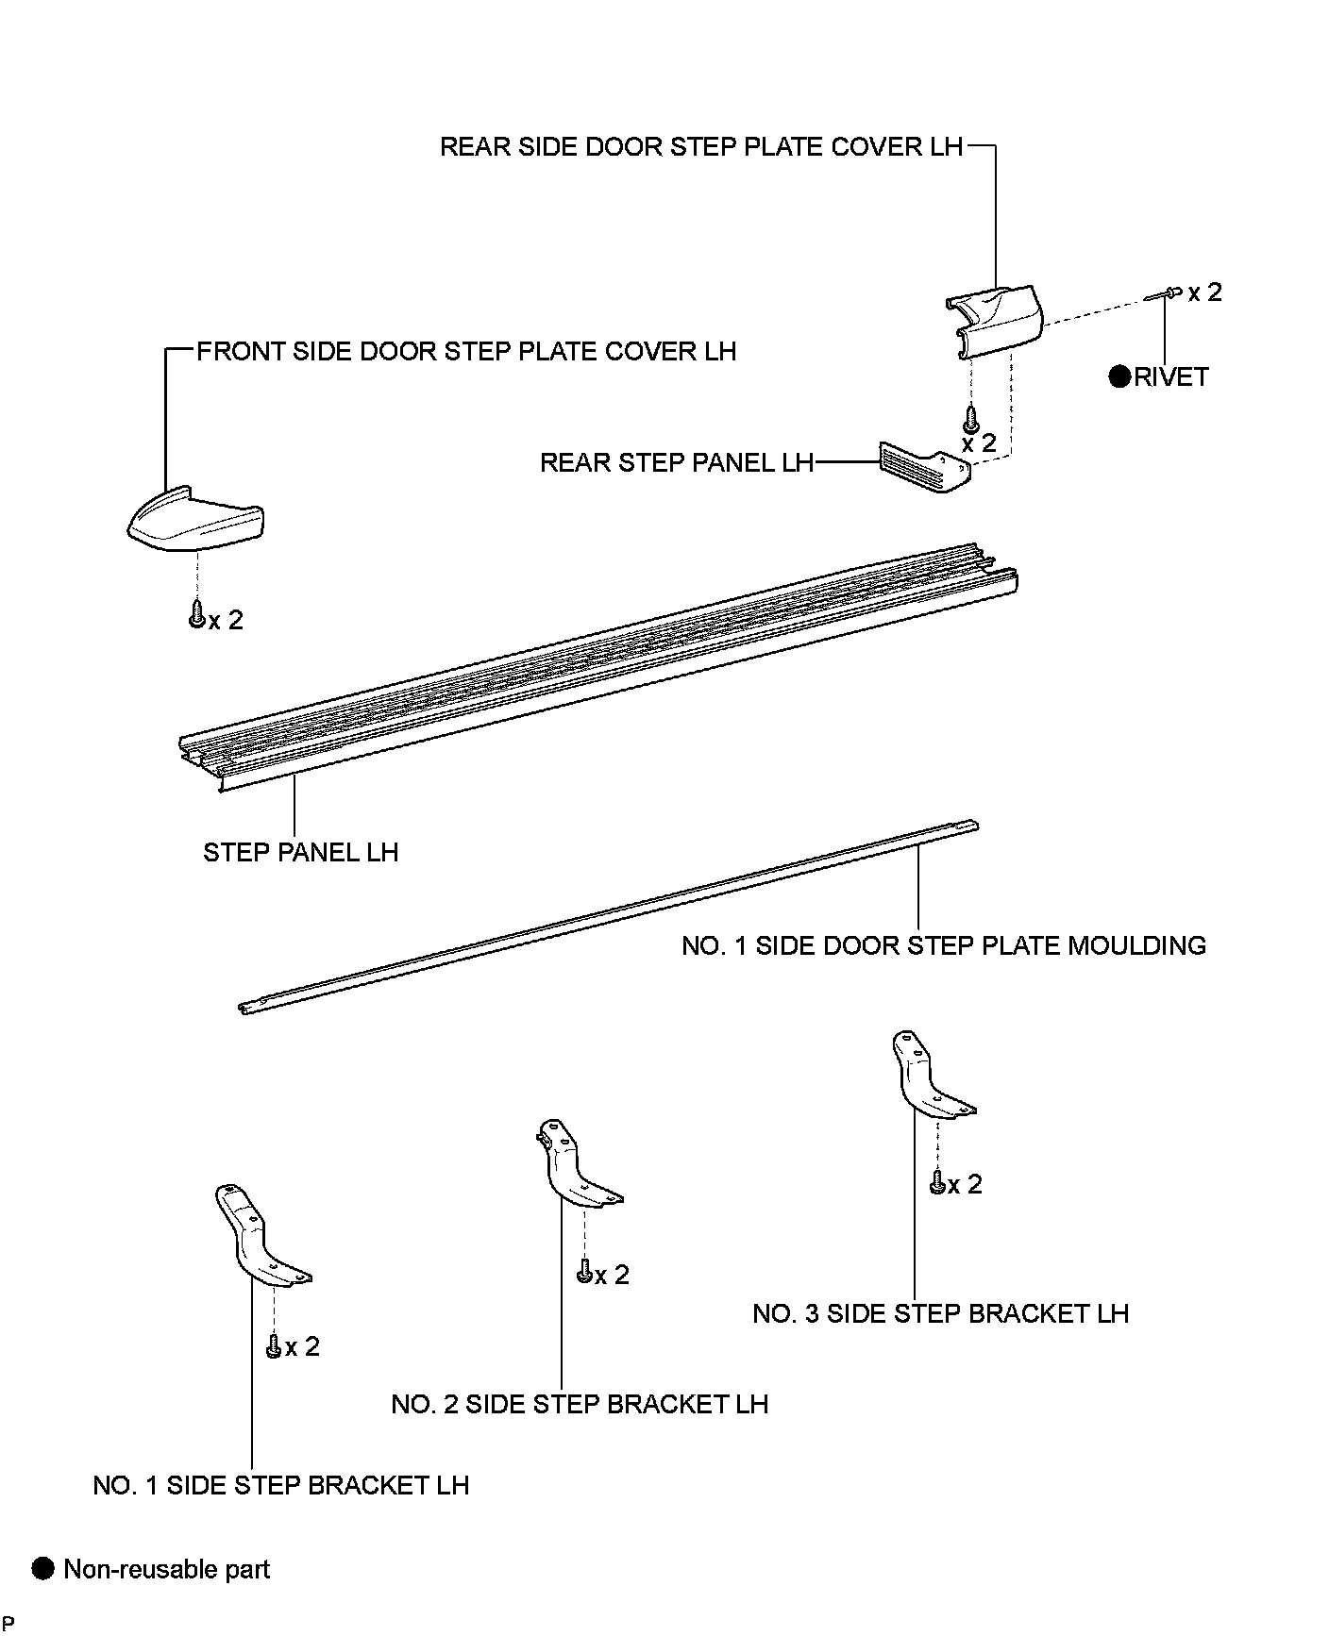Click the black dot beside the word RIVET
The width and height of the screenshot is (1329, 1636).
[x=1119, y=377]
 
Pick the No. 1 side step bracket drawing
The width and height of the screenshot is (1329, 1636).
[x=257, y=1237]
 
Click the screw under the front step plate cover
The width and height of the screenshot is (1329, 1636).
[x=197, y=614]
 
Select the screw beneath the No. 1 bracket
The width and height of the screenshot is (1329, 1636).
[x=274, y=1346]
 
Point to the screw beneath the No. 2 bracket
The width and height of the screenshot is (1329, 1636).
[x=584, y=1274]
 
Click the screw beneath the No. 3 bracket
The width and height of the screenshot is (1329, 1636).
[x=937, y=1182]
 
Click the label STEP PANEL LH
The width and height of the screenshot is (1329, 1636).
[x=301, y=853]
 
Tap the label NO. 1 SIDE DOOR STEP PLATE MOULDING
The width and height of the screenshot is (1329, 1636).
[x=944, y=945]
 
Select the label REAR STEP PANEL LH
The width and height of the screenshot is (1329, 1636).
[x=676, y=463]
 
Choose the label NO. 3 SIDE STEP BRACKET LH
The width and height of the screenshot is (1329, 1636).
[x=940, y=1313]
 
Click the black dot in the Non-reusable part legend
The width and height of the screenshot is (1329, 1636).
[x=43, y=1569]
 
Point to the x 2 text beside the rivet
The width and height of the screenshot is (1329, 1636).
[x=1204, y=292]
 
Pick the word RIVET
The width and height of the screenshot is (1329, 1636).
[x=1170, y=377]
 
